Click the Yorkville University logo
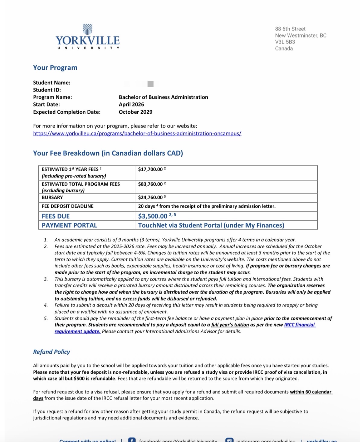pos(88,37)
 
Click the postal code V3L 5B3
pos(285,42)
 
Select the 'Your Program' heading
pos(55,68)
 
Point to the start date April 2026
pos(131,105)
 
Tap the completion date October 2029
pos(135,112)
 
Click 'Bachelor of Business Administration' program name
pos(163,97)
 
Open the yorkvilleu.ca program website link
pos(137,134)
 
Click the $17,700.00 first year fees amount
pos(150,169)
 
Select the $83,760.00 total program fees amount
pos(150,184)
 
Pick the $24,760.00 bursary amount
pos(150,198)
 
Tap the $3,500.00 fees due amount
pos(153,216)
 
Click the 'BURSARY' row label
pos(52,198)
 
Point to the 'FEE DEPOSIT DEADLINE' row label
pos(67,206)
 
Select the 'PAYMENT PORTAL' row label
pos(69,225)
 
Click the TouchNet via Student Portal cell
pos(211,225)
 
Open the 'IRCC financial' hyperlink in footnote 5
pos(299,325)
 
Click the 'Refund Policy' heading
pos(51,352)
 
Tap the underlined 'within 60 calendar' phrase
pos(311,392)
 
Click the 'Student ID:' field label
pos(47,90)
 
